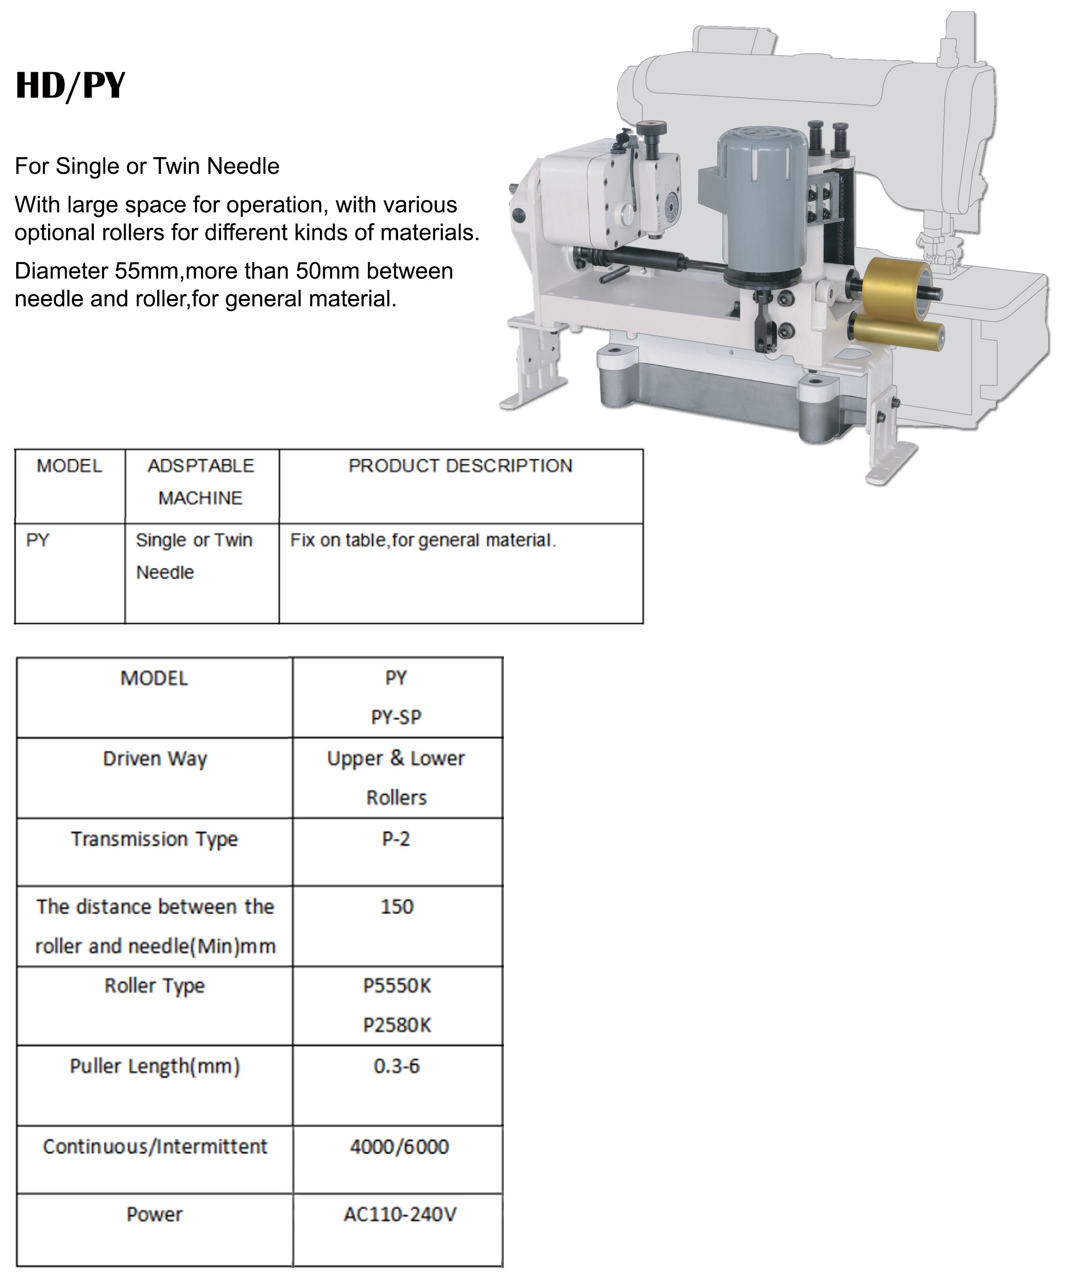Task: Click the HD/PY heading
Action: pyautogui.click(x=70, y=86)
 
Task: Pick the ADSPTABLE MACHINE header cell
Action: pyautogui.click(x=201, y=482)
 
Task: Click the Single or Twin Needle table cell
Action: pyautogui.click(x=194, y=556)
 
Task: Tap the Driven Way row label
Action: pyautogui.click(x=155, y=759)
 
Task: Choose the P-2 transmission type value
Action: pyautogui.click(x=396, y=839)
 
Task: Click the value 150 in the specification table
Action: pyautogui.click(x=397, y=907)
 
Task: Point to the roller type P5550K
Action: pyautogui.click(x=397, y=986)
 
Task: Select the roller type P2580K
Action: pyautogui.click(x=397, y=1025)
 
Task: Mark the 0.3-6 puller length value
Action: pyautogui.click(x=397, y=1066)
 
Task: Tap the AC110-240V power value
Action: pyautogui.click(x=400, y=1214)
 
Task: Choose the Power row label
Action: pyautogui.click(x=154, y=1214)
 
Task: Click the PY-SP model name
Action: pyautogui.click(x=396, y=717)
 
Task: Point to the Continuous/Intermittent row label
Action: pyautogui.click(x=155, y=1146)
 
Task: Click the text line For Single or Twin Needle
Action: pyautogui.click(x=147, y=166)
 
